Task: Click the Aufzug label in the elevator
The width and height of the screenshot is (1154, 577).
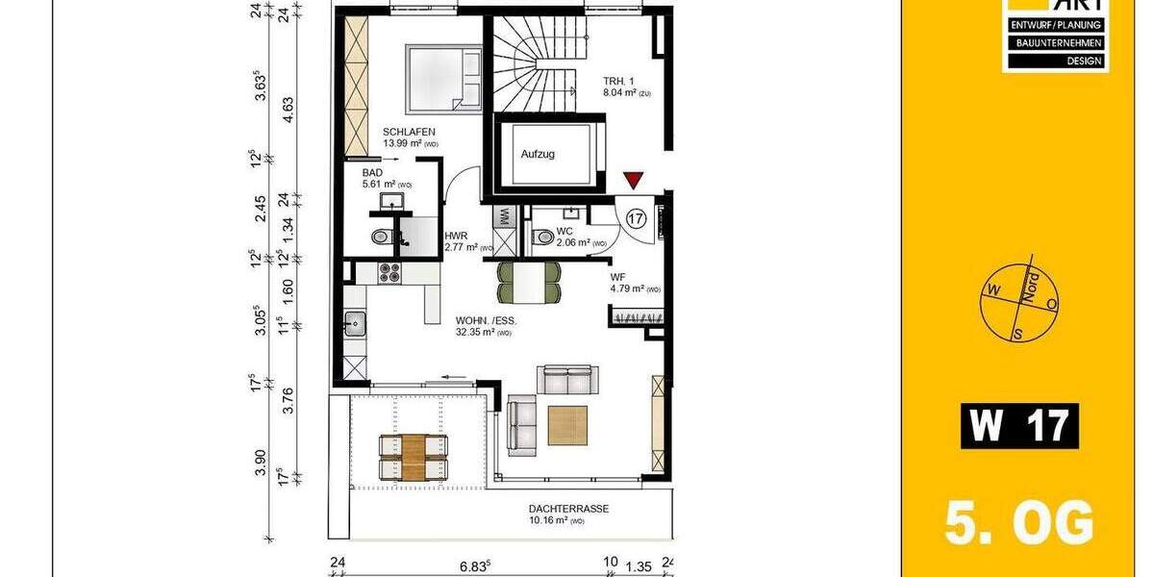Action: coord(538,154)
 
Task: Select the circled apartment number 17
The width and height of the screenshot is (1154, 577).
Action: coord(636,218)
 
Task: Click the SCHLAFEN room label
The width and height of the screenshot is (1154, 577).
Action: coord(411,132)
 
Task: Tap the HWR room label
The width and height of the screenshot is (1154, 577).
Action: coord(455,236)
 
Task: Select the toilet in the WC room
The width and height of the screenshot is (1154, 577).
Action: coord(541,237)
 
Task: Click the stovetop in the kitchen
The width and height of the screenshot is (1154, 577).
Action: coord(390,273)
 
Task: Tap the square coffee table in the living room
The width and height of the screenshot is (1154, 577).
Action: coord(567,425)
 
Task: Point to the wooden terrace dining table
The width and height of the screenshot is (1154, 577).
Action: coord(414,457)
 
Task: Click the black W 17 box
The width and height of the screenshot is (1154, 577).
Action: coord(1019,426)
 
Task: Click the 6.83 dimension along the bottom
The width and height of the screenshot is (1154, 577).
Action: coord(475,564)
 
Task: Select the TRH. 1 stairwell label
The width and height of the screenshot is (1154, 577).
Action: coord(617,82)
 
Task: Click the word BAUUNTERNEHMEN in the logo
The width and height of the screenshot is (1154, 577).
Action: coord(1056,43)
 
